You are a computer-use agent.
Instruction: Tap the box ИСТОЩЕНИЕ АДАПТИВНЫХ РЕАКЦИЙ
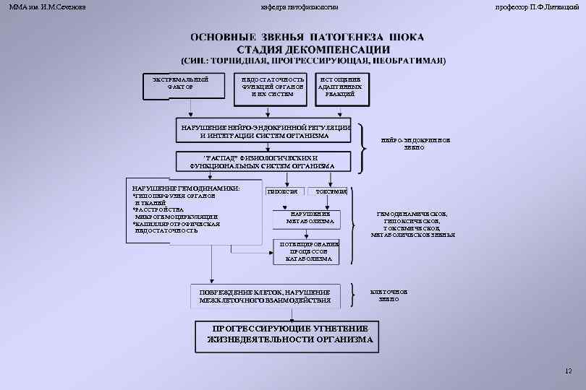pos(339,85)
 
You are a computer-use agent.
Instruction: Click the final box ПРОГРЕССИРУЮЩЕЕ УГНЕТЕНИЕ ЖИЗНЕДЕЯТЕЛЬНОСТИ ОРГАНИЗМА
pos(290,334)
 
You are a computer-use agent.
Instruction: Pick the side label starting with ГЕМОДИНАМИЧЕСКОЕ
pos(413,225)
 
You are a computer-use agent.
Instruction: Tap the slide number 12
pos(568,370)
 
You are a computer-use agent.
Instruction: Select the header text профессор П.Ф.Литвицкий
pos(536,6)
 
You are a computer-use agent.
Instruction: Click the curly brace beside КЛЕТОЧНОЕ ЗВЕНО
pos(352,293)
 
